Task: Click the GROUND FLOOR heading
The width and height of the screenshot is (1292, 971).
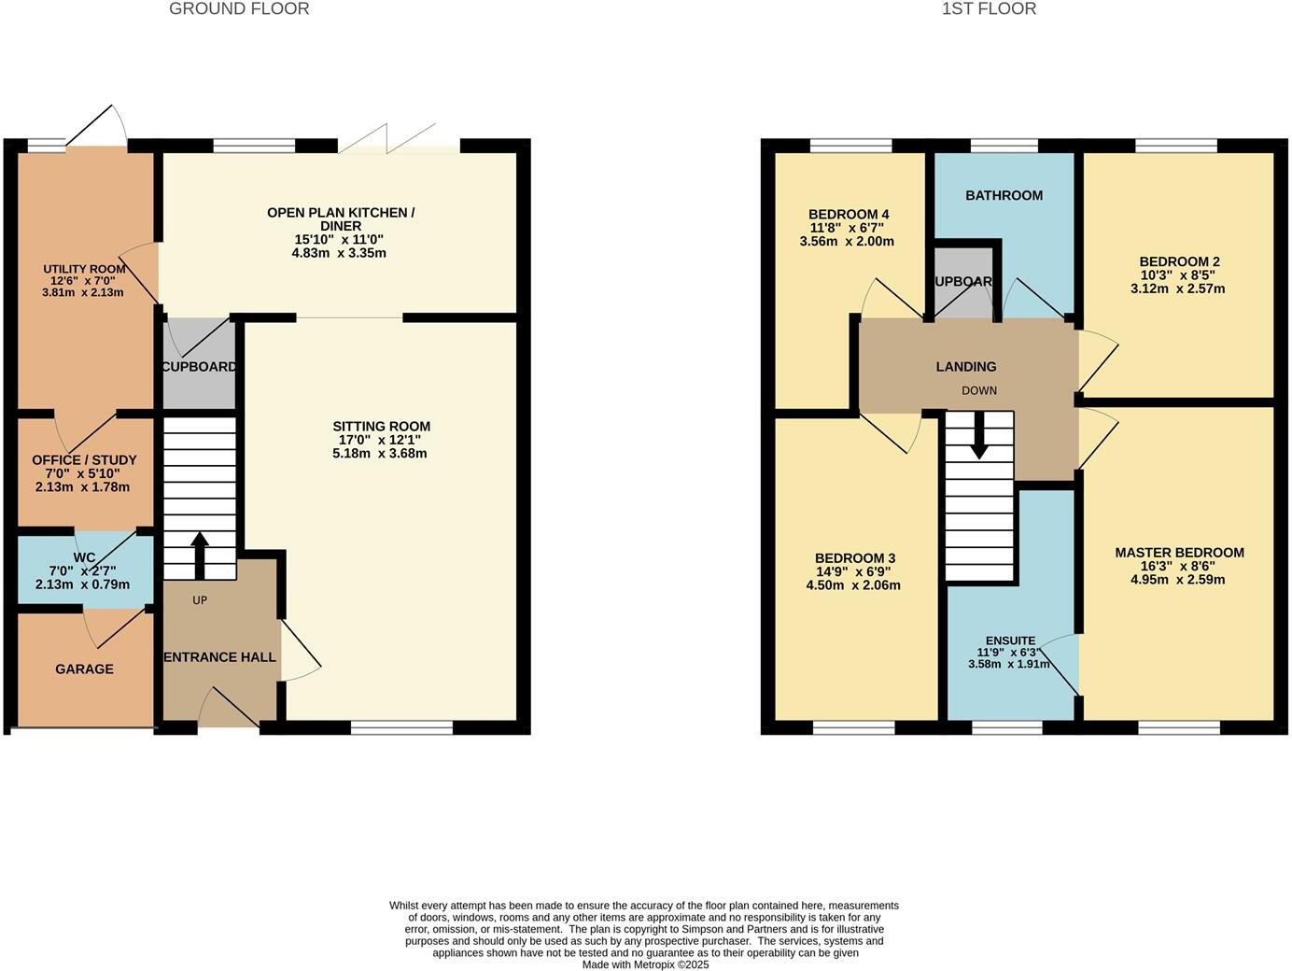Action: (x=239, y=9)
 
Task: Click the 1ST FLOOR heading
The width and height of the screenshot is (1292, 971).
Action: (x=989, y=9)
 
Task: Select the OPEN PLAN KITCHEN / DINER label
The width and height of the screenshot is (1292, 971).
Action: (x=341, y=219)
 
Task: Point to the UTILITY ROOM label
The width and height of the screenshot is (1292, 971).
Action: (x=84, y=270)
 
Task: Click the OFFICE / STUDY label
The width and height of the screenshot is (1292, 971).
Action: (x=84, y=460)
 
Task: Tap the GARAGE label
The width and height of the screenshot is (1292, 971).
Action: (x=84, y=668)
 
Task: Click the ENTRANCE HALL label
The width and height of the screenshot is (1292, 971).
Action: (x=219, y=657)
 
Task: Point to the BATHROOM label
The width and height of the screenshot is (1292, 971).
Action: (x=1004, y=195)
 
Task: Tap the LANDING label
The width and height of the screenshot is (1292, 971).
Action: (x=966, y=367)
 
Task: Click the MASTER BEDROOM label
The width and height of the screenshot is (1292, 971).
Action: (x=1179, y=553)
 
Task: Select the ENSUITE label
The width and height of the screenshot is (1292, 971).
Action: (x=1010, y=640)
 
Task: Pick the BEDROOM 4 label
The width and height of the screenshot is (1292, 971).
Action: (x=848, y=215)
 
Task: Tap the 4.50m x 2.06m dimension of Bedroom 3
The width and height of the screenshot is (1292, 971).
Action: (x=853, y=585)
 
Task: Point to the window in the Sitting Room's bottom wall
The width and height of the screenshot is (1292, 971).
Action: (x=402, y=727)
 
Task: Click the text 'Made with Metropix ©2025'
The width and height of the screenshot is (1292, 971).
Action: (x=645, y=964)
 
